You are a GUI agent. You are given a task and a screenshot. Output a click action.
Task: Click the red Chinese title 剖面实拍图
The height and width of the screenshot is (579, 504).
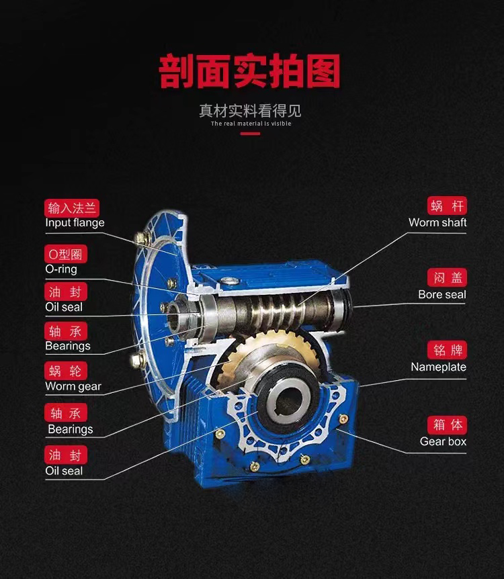coord(250,71)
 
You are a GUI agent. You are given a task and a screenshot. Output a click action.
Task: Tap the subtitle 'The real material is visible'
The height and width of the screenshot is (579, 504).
coord(251,124)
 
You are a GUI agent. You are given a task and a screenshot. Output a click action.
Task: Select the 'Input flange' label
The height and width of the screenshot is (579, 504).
coord(75,222)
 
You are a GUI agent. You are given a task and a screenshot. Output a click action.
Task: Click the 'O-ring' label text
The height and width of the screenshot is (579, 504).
coord(61,269)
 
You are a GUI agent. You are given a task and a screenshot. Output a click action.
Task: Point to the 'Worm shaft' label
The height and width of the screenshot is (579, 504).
coord(437,222)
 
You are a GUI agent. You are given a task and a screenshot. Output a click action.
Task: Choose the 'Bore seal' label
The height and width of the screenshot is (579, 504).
coord(442,294)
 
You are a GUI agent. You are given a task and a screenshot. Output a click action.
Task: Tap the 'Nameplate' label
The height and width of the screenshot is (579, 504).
coord(439,367)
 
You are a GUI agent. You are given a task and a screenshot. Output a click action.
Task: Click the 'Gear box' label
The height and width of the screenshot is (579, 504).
coord(443,441)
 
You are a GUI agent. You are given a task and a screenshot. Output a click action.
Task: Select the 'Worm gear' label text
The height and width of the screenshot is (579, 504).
coord(73,386)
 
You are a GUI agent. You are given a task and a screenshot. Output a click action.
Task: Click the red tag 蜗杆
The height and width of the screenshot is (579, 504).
coord(447,206)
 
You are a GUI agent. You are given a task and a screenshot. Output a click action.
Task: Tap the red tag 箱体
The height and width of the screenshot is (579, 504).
coord(447,425)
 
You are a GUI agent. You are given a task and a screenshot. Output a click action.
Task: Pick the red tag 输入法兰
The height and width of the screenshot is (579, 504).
coord(72,208)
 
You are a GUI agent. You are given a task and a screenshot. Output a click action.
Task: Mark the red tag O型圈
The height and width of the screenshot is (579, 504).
coord(66,254)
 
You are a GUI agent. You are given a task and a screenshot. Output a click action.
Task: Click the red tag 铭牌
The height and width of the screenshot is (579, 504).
coord(447,350)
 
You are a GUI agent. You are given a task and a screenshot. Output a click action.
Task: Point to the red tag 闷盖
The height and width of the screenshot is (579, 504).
coord(447,277)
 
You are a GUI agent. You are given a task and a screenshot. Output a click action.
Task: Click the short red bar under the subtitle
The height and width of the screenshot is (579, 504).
coord(250,134)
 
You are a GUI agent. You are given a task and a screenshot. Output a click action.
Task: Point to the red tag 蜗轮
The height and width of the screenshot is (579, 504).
coord(66,371)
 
